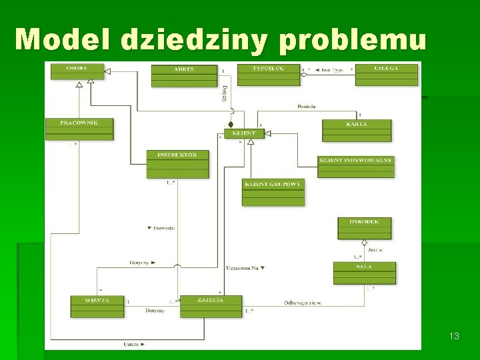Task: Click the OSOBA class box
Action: [x=78, y=71]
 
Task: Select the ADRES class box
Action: [x=184, y=75]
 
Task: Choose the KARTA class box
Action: [x=357, y=130]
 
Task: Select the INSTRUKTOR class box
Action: [x=177, y=164]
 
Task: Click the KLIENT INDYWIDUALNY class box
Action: [x=356, y=167]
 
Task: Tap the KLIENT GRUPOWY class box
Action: [x=273, y=192]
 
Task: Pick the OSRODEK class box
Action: [x=364, y=228]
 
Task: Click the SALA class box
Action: [x=364, y=273]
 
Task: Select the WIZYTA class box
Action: [x=97, y=306]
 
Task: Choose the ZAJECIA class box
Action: [x=211, y=306]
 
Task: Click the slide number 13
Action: [x=454, y=337]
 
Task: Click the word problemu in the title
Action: [x=352, y=41]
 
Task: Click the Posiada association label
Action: [x=307, y=106]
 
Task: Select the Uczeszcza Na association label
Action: [x=245, y=268]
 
